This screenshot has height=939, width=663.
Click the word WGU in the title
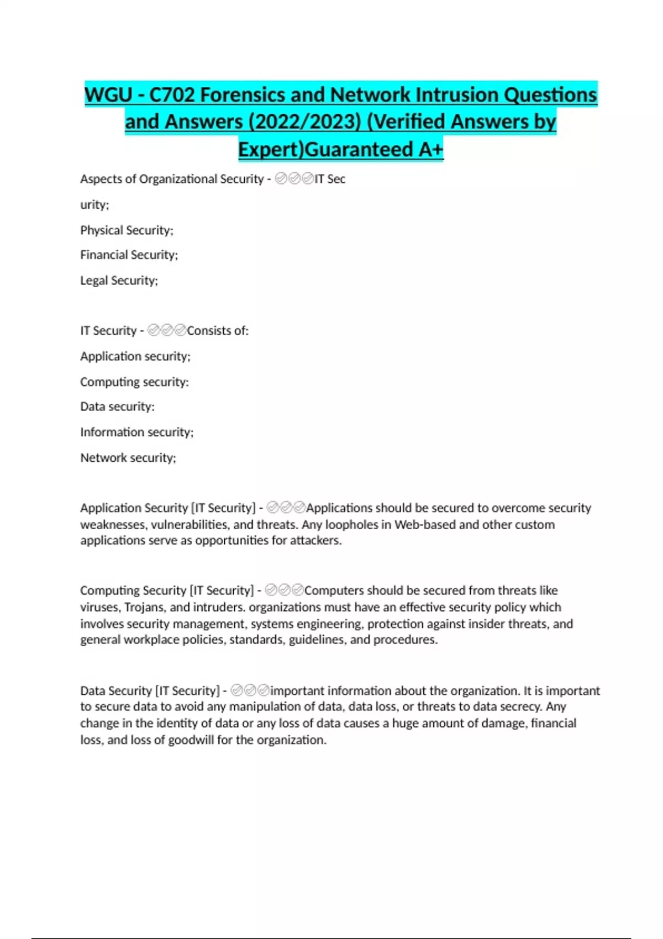click(x=108, y=95)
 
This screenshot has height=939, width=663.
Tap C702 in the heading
click(x=172, y=95)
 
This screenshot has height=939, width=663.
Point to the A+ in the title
click(x=430, y=149)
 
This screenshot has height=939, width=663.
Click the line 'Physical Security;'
click(x=127, y=230)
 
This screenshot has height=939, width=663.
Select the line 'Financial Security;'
click(x=129, y=255)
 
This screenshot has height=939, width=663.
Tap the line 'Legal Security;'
click(x=119, y=280)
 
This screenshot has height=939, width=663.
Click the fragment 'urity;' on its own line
click(x=94, y=204)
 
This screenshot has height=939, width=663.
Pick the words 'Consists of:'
click(x=218, y=330)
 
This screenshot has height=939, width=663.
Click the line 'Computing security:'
click(x=134, y=382)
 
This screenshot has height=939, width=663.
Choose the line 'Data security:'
click(x=117, y=407)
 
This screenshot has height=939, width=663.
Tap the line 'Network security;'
click(x=128, y=457)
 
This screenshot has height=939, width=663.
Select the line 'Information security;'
click(x=136, y=432)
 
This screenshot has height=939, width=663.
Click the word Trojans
click(x=145, y=607)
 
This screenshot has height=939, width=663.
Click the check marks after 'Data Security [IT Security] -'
click(x=250, y=690)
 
